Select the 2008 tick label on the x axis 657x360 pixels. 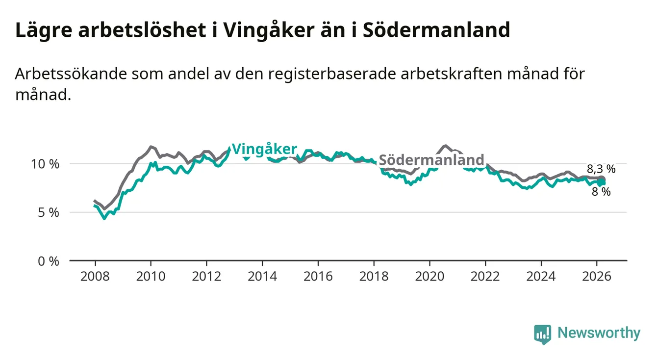[95, 276]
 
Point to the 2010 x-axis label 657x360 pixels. [151, 276]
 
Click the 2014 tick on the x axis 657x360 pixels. [262, 276]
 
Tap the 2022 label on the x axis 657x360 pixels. [485, 276]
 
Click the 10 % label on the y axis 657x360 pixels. [45, 164]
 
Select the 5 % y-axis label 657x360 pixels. [48, 213]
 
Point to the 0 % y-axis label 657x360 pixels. [48, 261]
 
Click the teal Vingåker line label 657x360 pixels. [264, 149]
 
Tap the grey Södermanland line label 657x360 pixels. [431, 160]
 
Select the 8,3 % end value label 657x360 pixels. [601, 170]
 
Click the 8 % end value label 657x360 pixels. [601, 192]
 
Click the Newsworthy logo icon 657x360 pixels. [542, 334]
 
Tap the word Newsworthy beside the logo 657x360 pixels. [599, 334]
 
